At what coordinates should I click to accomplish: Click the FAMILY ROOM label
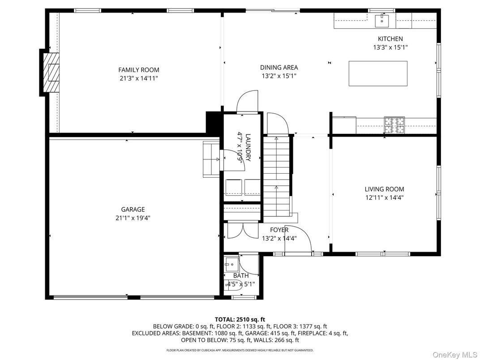pyautogui.click(x=138, y=70)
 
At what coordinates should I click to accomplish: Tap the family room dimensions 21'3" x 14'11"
pyautogui.click(x=138, y=78)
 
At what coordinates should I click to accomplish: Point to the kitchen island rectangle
pyautogui.click(x=378, y=73)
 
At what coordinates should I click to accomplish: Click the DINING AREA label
pyautogui.click(x=279, y=68)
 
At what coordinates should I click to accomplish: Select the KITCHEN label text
pyautogui.click(x=390, y=39)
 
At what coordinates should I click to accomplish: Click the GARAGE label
pyautogui.click(x=133, y=210)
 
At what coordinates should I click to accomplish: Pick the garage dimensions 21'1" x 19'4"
pyautogui.click(x=133, y=218)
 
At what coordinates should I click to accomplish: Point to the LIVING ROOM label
pyautogui.click(x=384, y=189)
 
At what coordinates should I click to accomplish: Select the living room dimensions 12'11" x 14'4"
pyautogui.click(x=384, y=197)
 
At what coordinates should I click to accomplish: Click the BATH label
pyautogui.click(x=240, y=276)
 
